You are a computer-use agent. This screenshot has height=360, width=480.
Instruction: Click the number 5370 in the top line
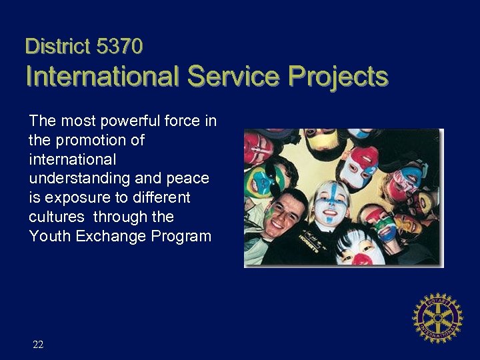point(120,46)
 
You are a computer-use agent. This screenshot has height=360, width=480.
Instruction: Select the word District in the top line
point(57,46)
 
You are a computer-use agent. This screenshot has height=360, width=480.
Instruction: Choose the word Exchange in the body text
point(107,236)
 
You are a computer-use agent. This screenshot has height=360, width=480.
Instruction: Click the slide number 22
point(38,345)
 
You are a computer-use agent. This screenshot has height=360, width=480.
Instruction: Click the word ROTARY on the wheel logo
point(437,299)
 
